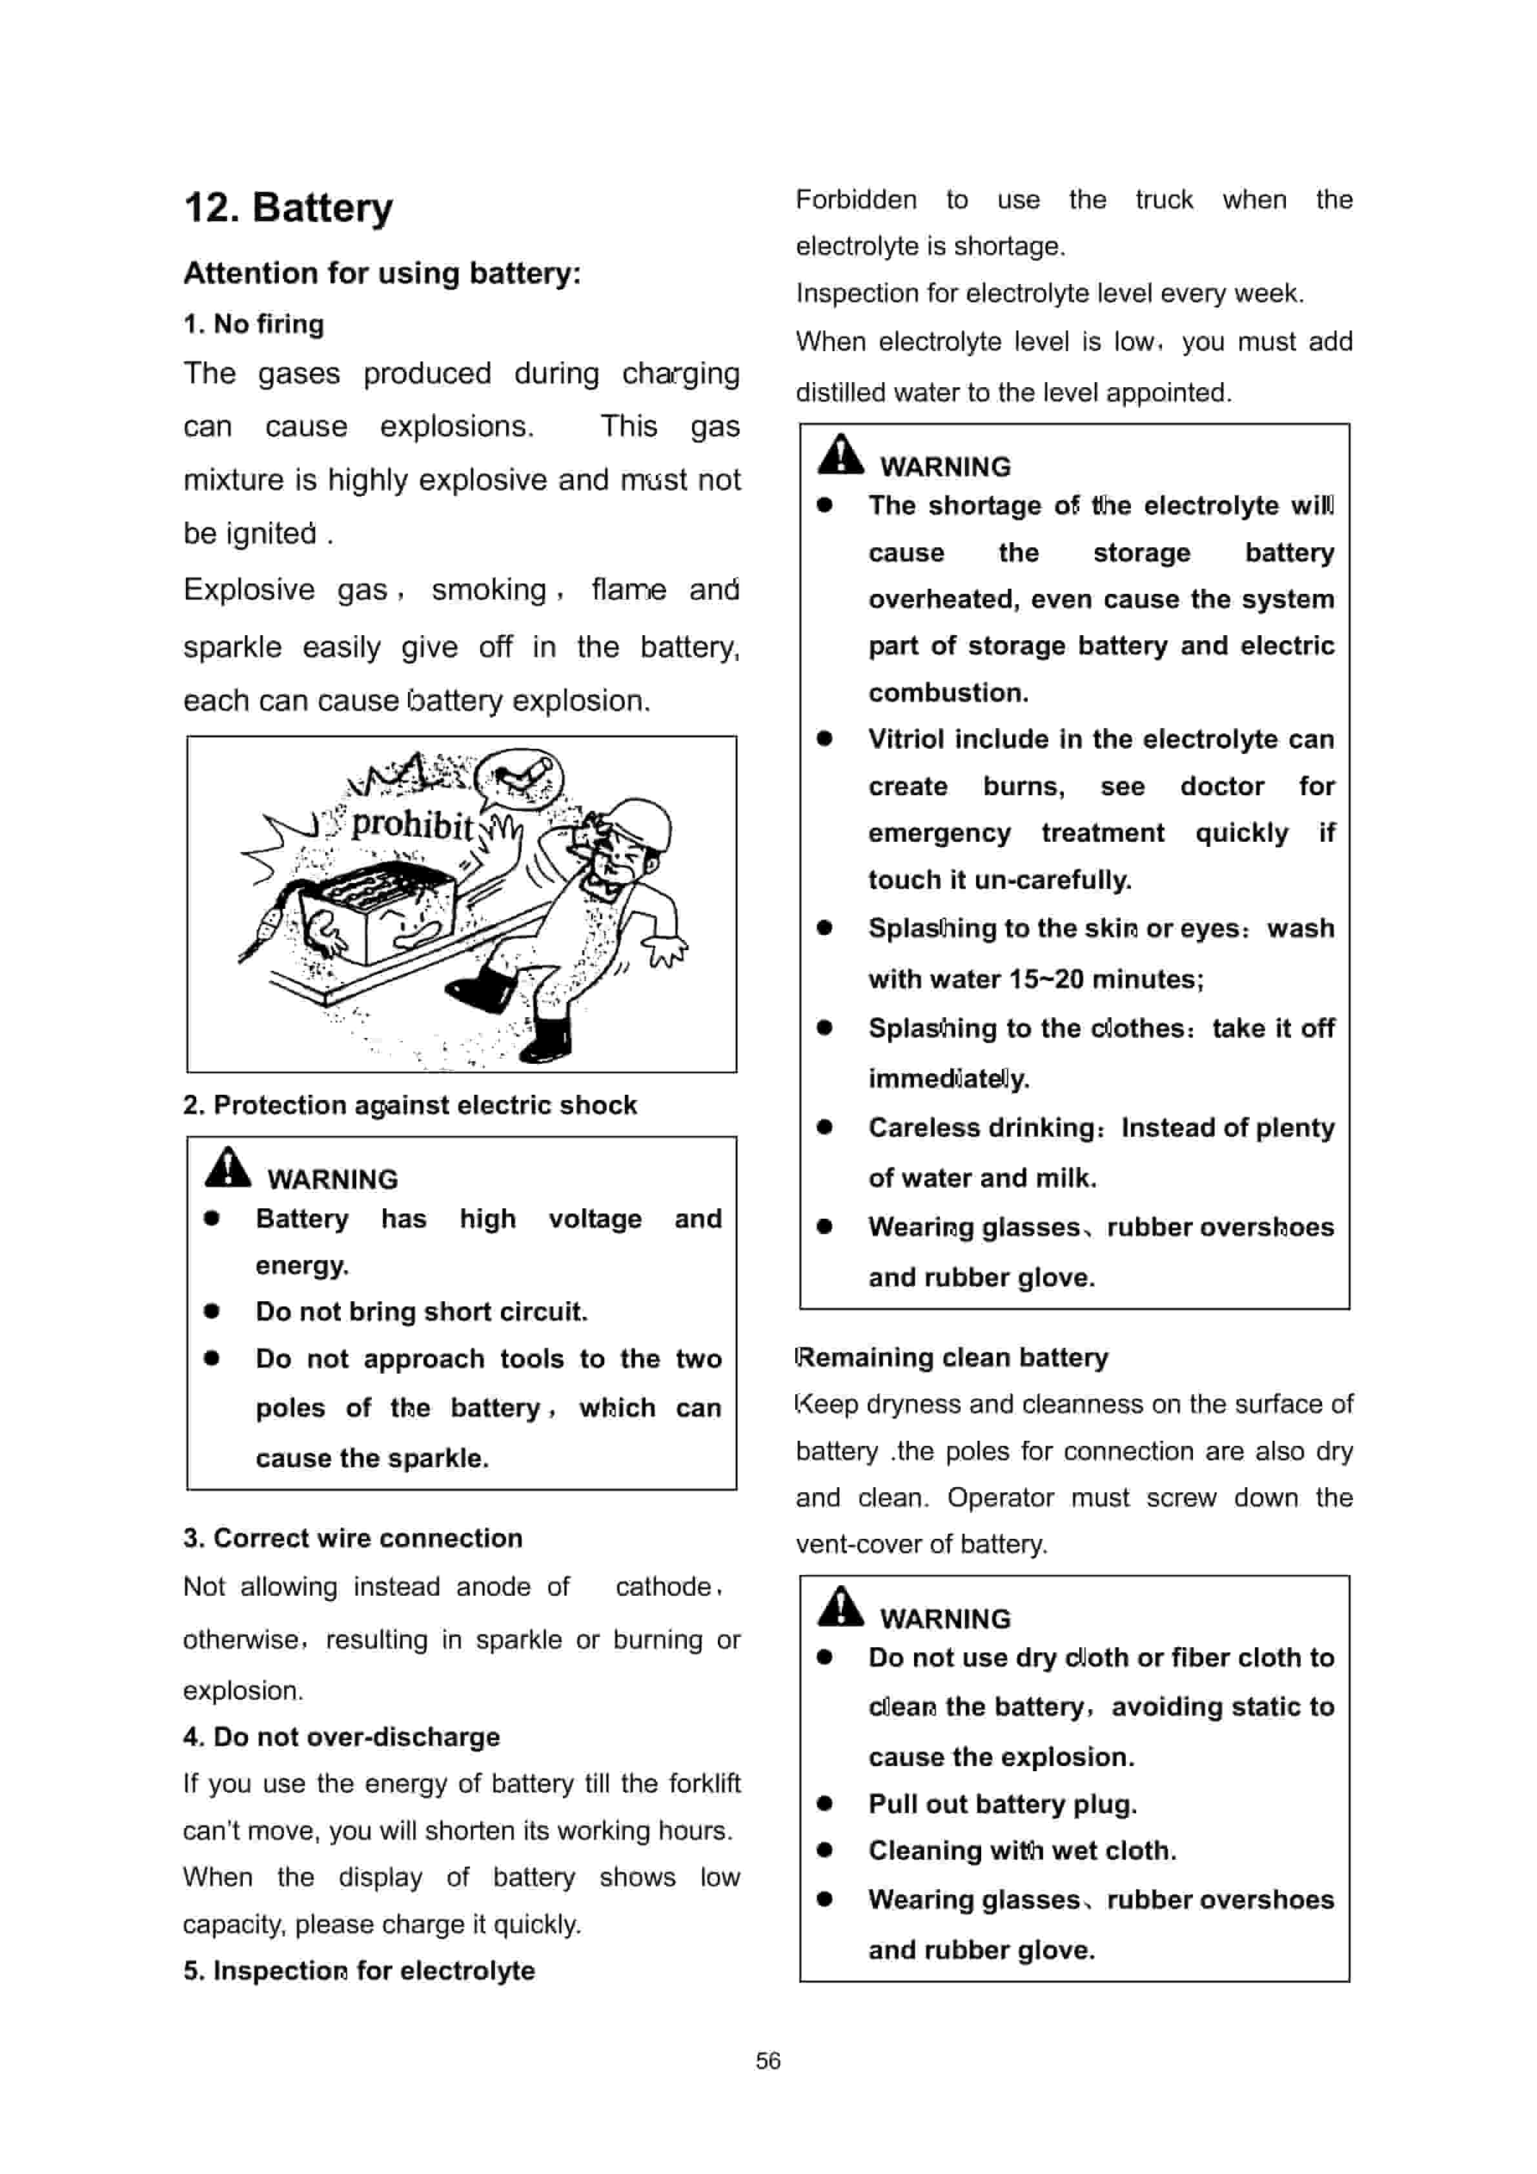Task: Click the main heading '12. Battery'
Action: (x=288, y=208)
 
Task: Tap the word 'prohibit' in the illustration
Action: (x=412, y=825)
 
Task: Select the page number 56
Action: (x=768, y=2060)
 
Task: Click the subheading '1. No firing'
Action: (x=254, y=324)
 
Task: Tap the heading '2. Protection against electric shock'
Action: (x=409, y=1105)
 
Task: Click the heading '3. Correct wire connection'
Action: (x=352, y=1538)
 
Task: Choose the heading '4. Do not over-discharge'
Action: (x=341, y=1736)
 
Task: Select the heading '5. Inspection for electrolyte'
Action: (x=359, y=1971)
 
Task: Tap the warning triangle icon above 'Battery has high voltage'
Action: (x=227, y=1168)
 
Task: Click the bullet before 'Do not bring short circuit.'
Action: (x=211, y=1312)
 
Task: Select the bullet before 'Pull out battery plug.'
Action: (x=825, y=1803)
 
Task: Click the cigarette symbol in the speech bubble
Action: (x=520, y=777)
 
